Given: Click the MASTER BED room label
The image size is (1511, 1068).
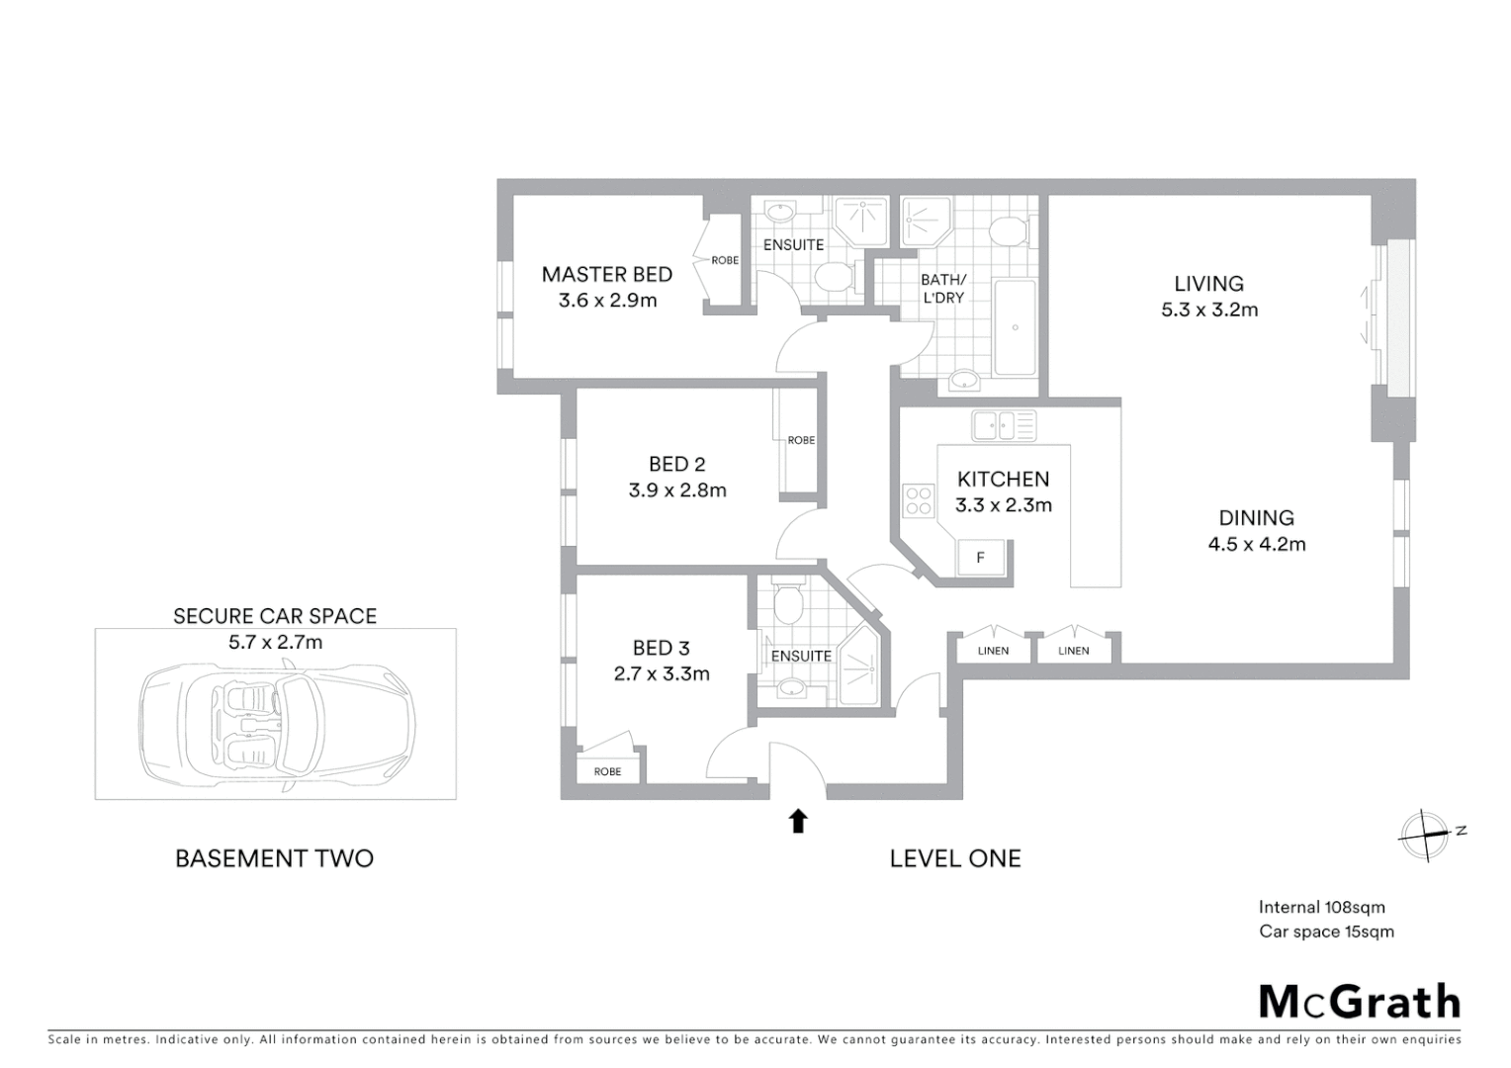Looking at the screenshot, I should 606,275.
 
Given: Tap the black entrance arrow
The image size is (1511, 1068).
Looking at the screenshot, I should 798,821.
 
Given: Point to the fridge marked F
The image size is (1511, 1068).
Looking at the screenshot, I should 981,558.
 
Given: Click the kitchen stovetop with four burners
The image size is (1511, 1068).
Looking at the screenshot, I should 918,500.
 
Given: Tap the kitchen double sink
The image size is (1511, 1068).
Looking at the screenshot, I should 1003,426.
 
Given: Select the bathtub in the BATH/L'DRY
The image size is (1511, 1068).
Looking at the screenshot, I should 1014,327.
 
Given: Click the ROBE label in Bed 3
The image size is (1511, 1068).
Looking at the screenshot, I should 607,771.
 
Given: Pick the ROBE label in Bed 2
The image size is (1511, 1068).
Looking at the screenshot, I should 801,440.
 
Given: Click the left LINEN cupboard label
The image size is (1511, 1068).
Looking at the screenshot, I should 993,651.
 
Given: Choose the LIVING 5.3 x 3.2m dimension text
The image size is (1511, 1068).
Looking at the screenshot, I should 1209,310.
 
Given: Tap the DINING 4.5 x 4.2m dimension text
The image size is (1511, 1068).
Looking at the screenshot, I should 1256,544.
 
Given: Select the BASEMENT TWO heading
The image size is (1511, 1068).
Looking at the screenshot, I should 274,858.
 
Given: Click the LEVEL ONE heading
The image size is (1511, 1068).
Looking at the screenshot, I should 954,858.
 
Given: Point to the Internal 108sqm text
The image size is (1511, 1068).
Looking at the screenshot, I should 1321,907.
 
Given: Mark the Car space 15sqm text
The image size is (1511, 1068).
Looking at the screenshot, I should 1326,932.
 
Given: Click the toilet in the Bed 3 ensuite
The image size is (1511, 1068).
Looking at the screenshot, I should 788,604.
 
